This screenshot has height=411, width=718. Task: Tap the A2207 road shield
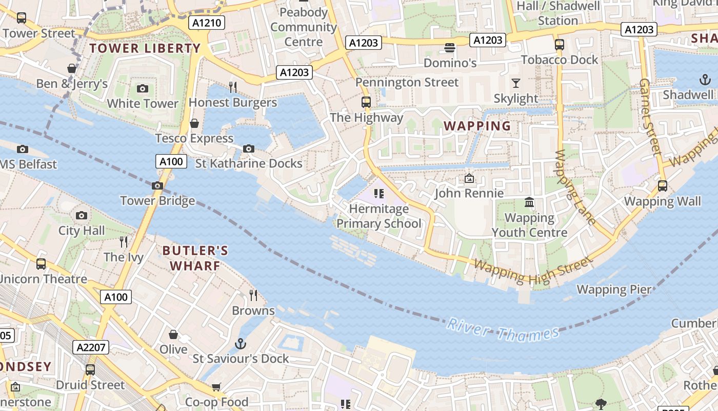[x=91, y=347]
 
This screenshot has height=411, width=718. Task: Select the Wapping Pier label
[x=614, y=289]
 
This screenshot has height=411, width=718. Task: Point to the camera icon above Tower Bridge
[x=157, y=185]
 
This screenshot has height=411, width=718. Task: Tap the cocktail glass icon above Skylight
[x=515, y=83]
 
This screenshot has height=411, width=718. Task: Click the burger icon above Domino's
[x=450, y=48]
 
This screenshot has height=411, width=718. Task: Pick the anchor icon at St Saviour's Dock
[x=240, y=343]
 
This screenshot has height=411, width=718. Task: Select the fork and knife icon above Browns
[x=253, y=295]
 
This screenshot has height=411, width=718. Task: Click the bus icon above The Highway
[x=366, y=102]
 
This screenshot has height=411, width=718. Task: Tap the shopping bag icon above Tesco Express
[x=194, y=123]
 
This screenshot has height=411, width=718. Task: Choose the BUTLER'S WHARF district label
[x=195, y=258]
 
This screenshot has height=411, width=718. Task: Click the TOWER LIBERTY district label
[x=145, y=48]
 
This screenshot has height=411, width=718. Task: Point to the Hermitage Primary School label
[x=379, y=216]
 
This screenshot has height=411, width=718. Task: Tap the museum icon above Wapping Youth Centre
[x=529, y=202]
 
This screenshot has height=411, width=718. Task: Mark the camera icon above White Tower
[x=143, y=88]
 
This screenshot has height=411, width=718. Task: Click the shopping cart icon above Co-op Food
[x=216, y=387]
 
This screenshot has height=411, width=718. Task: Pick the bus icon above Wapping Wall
[x=662, y=185]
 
